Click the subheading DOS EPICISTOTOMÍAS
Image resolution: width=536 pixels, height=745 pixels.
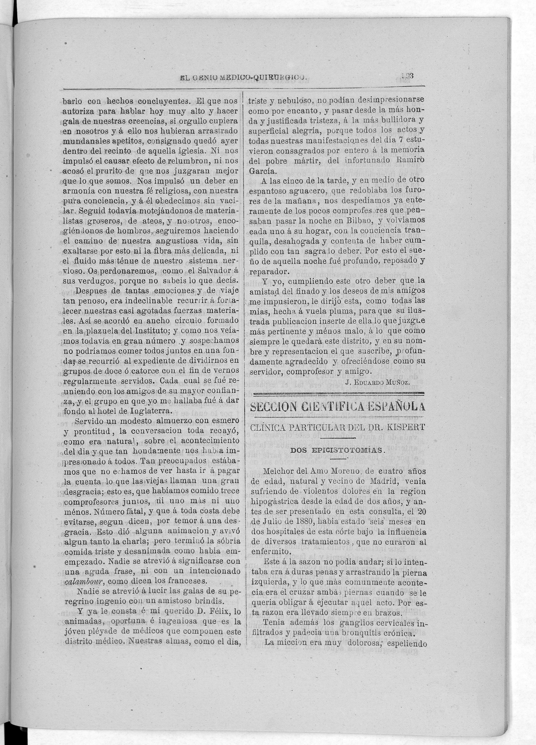[337, 450]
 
